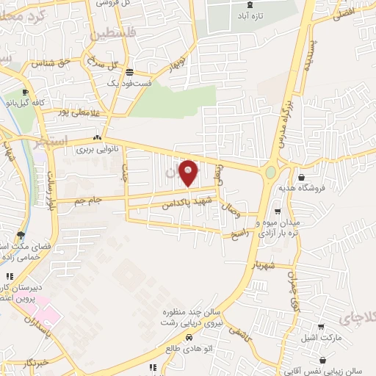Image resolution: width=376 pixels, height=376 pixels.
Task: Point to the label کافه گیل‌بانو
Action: pyautogui.click(x=39, y=103)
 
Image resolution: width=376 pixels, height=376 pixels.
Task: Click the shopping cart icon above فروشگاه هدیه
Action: pyautogui.click(x=302, y=176)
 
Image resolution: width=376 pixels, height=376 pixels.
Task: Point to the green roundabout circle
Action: pyautogui.click(x=271, y=173)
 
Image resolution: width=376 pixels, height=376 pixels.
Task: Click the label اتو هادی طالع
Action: pyautogui.click(x=189, y=350)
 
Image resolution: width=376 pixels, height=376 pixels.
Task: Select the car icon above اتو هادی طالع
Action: pyautogui.click(x=189, y=337)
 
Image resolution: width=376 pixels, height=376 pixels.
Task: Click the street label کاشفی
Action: pyautogui.click(x=239, y=331)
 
